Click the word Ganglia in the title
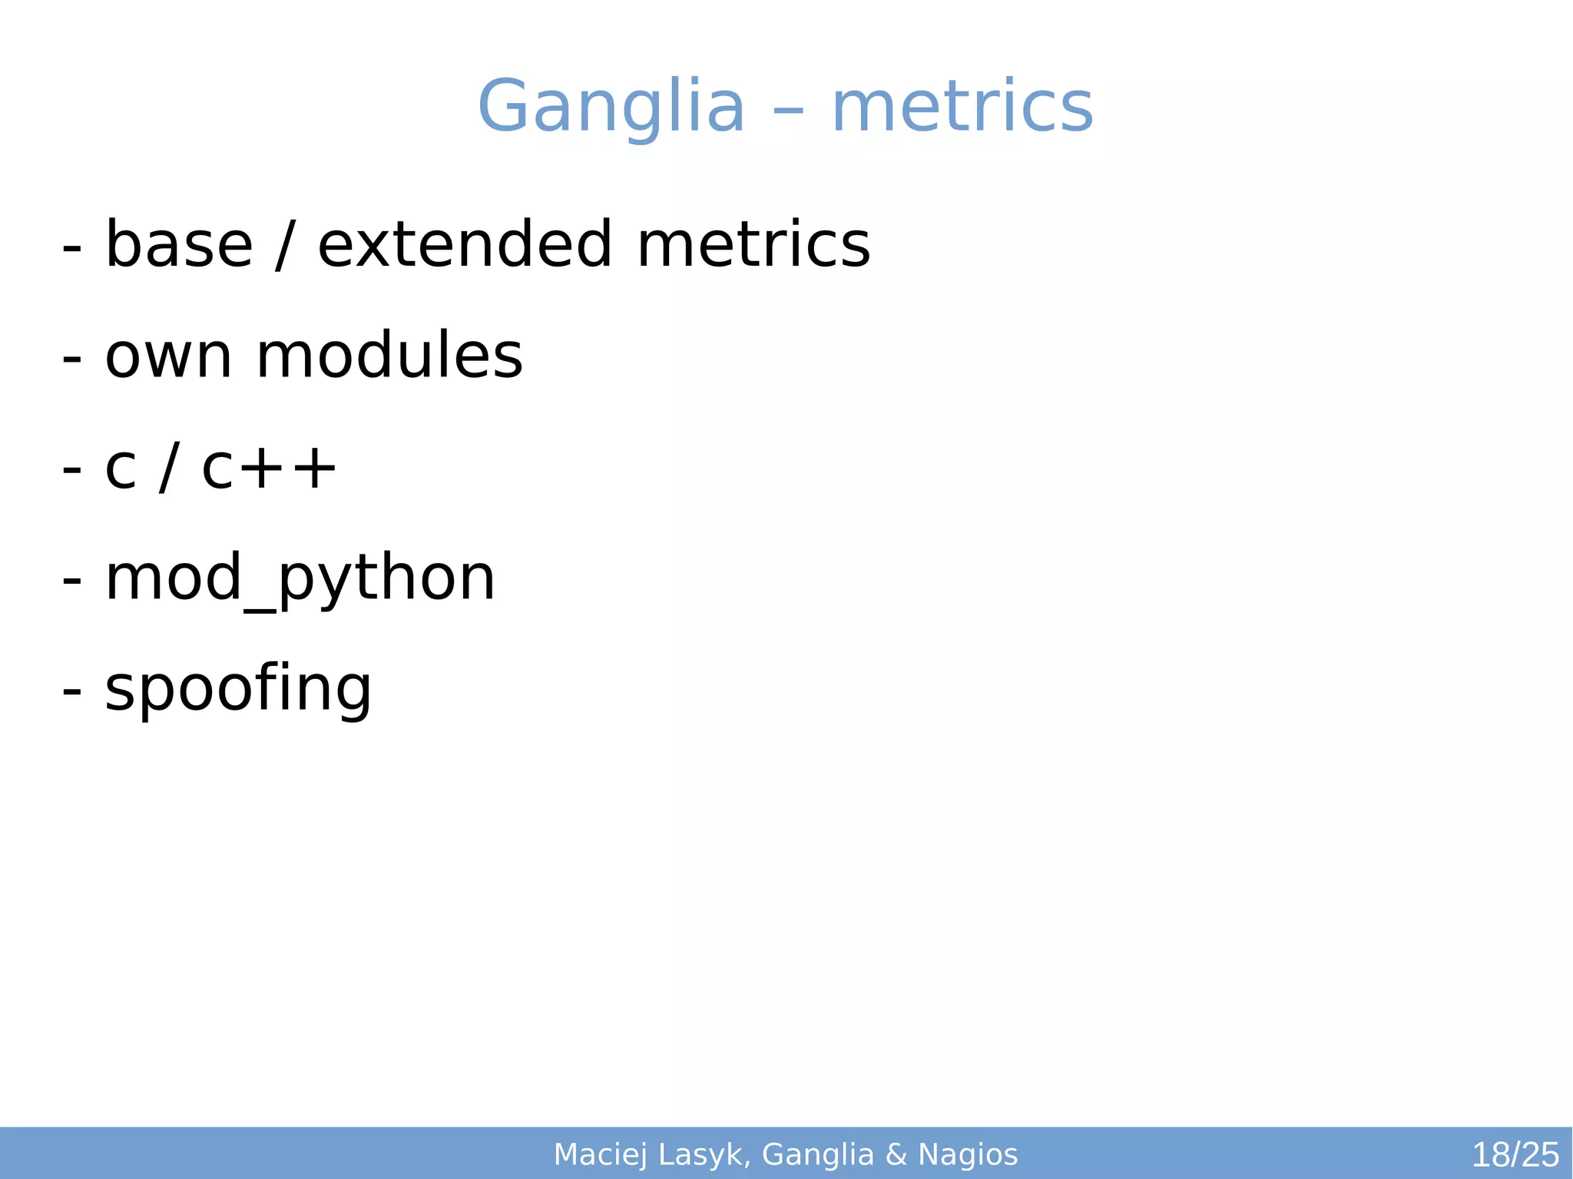(x=611, y=107)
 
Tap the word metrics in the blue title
(x=962, y=107)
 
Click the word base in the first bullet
(x=179, y=245)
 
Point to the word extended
(x=465, y=245)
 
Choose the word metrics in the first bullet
(x=753, y=245)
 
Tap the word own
(x=168, y=356)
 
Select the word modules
(x=389, y=356)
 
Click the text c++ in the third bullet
(x=269, y=468)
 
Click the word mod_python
(x=300, y=580)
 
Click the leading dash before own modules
(x=71, y=359)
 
